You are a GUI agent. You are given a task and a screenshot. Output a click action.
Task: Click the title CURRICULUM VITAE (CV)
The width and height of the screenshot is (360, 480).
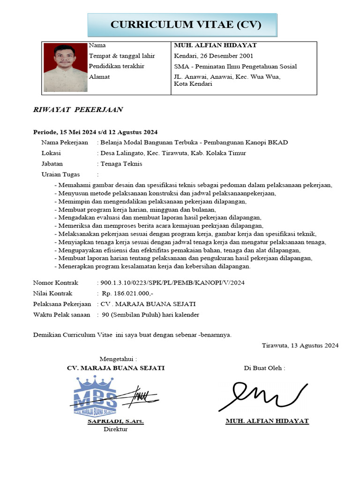point(186,24)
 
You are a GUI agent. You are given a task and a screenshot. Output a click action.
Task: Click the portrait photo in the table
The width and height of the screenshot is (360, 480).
point(65,68)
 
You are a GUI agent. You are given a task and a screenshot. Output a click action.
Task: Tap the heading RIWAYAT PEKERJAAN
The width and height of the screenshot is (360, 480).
point(78,110)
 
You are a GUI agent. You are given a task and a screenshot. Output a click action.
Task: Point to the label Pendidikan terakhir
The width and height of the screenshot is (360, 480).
point(116,67)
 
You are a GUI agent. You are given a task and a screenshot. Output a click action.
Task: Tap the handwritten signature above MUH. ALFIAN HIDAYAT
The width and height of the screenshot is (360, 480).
point(262,395)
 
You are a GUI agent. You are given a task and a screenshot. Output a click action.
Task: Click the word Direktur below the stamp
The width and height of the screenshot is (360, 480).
point(115,429)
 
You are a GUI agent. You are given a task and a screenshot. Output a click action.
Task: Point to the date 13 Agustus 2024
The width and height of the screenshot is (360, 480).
point(314,345)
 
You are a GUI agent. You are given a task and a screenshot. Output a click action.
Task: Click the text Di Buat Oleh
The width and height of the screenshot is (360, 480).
point(264,368)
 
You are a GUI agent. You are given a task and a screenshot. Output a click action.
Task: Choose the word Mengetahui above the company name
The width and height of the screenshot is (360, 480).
point(118,359)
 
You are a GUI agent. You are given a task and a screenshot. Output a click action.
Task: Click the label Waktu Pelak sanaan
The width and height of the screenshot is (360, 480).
point(61,315)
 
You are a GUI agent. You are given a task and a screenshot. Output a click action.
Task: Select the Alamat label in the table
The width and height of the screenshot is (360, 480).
point(99,77)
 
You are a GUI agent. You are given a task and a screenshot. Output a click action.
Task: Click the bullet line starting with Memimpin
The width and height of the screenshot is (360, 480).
point(153,202)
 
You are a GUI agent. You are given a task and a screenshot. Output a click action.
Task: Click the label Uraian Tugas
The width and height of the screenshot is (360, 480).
point(60,174)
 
